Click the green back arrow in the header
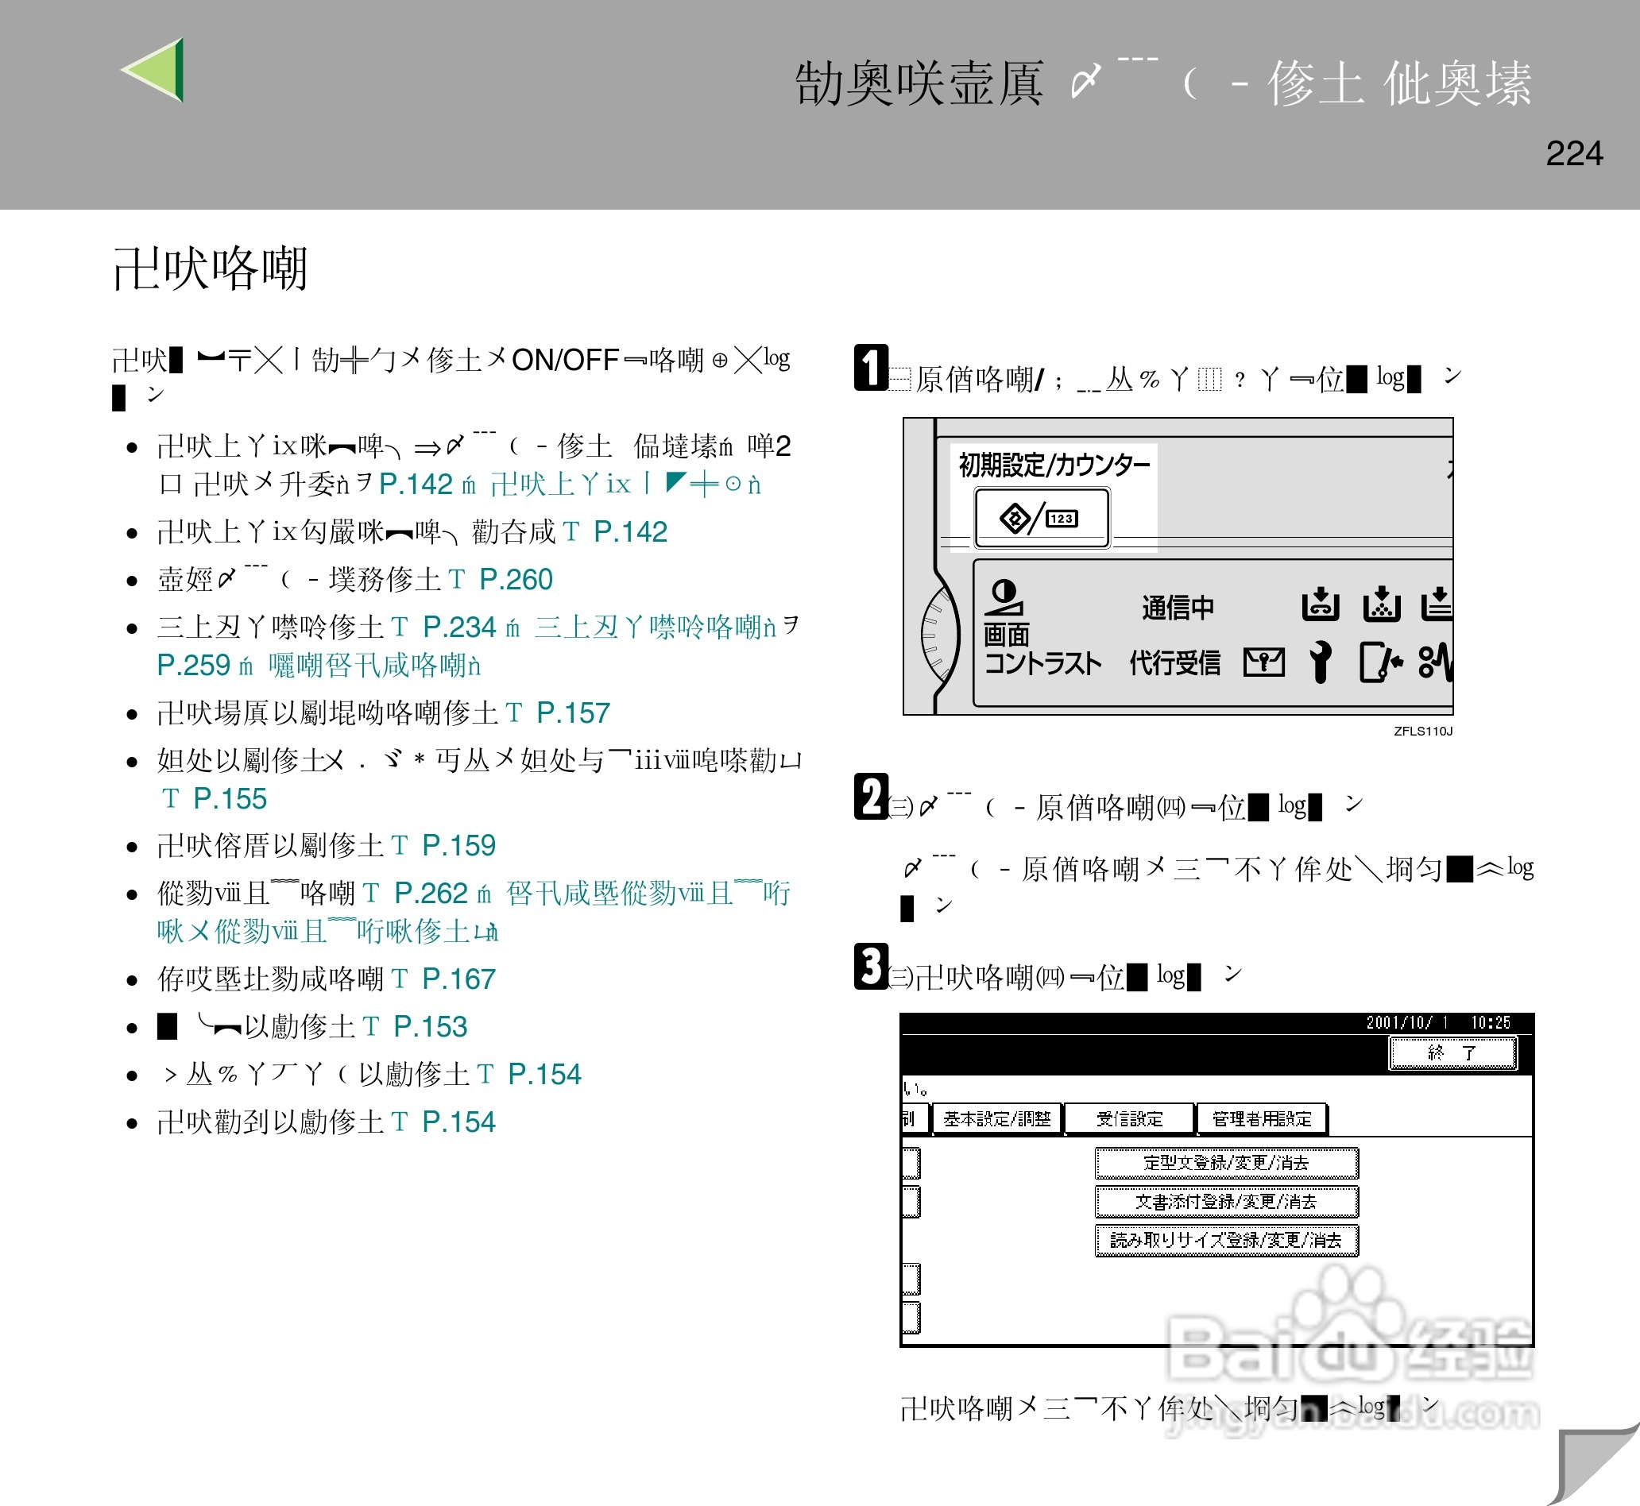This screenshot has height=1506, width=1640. coord(156,70)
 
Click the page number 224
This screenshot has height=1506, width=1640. coord(1573,153)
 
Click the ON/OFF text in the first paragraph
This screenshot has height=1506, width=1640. coord(565,359)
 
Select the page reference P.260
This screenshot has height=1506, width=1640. coord(516,579)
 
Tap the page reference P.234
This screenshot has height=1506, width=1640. coord(459,627)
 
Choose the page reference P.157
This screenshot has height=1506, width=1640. coord(573,713)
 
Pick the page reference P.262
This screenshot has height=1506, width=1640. coord(431,893)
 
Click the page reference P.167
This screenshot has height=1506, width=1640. coord(458,979)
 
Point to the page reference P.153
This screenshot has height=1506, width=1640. coord(430,1027)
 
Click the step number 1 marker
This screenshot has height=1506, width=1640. coord(872,368)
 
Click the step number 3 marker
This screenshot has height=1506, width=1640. coord(872,967)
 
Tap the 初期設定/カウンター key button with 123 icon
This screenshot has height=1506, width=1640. coord(1042,517)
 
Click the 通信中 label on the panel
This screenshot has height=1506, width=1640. coord(1177,607)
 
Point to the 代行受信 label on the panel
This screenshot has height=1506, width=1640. coord(1174,662)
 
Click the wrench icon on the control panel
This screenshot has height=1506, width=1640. coord(1321,661)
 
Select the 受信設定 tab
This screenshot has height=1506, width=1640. coord(1129,1119)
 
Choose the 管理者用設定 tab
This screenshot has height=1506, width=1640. coord(1261,1119)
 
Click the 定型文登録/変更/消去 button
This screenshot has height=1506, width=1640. coord(1225,1163)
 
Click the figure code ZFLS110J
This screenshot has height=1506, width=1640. coord(1422,731)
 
